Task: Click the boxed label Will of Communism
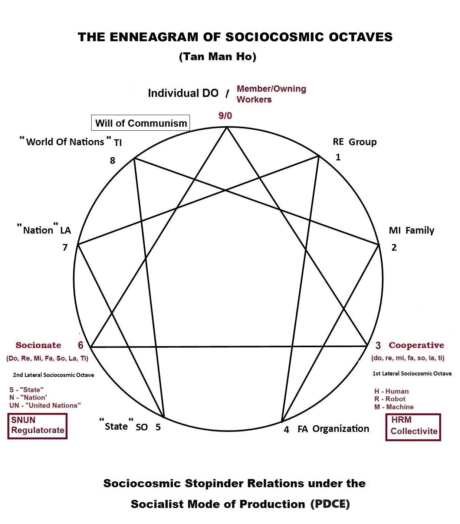coord(141,123)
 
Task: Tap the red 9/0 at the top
coord(225,116)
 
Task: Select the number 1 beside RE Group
coord(338,157)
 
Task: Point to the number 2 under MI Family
coord(394,247)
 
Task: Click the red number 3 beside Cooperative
coord(378,346)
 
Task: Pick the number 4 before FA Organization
coord(286,430)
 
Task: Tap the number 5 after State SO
coord(158,427)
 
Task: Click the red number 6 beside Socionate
coord(80,345)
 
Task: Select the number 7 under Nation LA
coord(65,247)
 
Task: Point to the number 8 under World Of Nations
coord(112,160)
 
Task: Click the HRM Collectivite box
coord(413,427)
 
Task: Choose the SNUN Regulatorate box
coord(37,426)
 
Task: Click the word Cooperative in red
coord(416,345)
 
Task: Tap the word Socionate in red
coord(39,345)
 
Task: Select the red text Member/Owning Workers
coord(271,94)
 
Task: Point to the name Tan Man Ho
coord(217,56)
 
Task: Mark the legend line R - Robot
coord(390,399)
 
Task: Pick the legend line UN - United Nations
coord(45,405)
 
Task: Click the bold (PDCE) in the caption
coord(330,504)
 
